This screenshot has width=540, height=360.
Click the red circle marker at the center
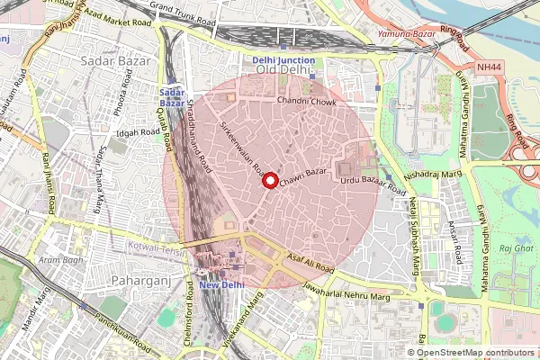[x=269, y=180]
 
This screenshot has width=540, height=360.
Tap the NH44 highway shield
[x=489, y=67]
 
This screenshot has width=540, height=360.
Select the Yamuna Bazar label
[x=406, y=32]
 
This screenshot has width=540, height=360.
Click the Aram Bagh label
[x=56, y=259]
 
